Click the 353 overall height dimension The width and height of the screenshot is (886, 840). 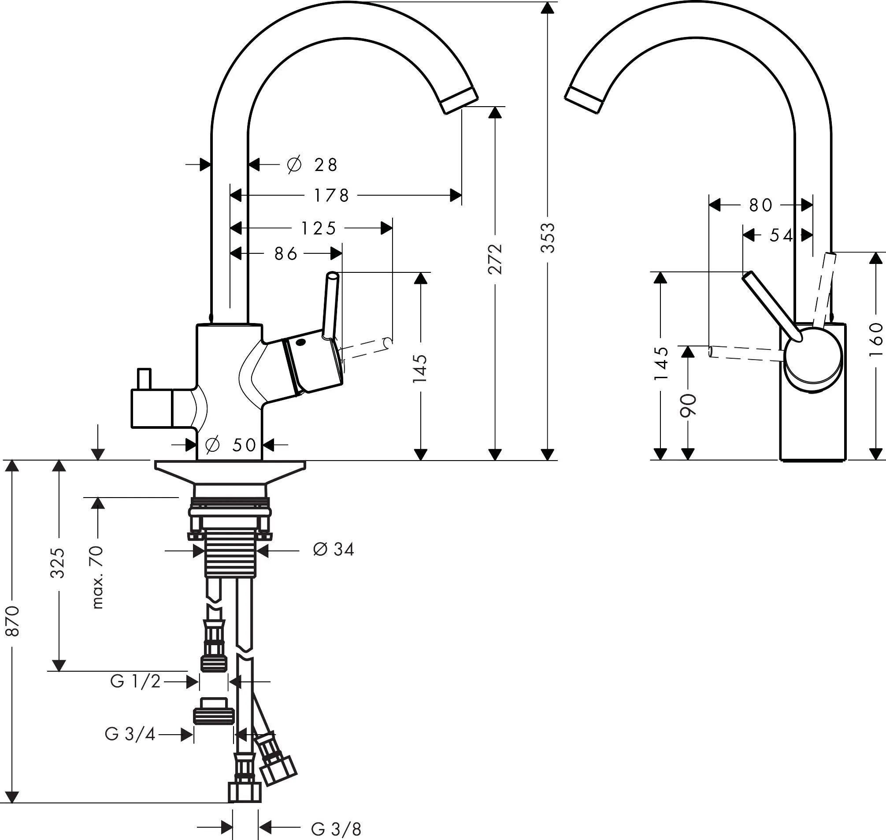point(548,238)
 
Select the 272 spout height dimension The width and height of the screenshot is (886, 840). point(495,259)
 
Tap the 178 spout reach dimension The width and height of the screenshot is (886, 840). point(331,196)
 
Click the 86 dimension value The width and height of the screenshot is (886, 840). point(285,254)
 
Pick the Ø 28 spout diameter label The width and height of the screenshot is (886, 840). point(312,165)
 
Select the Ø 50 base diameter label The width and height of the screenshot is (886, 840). point(230,445)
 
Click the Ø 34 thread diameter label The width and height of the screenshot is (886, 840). point(334,550)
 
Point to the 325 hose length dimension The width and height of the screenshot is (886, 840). point(57,563)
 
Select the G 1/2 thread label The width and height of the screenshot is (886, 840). point(135,682)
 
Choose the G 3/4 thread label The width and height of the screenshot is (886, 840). point(130,734)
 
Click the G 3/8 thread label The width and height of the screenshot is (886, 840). point(336,829)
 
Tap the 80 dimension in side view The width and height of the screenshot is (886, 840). point(760,205)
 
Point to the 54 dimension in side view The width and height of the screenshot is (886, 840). point(781,235)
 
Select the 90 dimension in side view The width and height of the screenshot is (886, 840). point(688,405)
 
